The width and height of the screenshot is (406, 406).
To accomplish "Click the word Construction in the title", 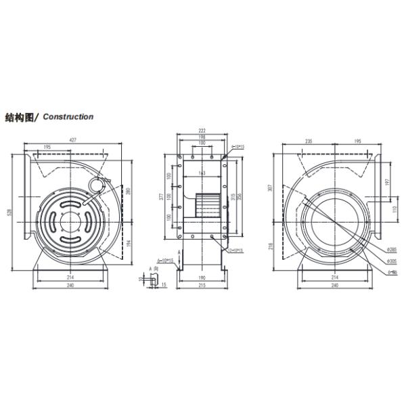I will point(68,116).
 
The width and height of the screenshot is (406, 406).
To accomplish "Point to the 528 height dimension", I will point(10,212).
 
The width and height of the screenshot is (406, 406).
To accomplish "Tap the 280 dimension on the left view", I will point(127,191).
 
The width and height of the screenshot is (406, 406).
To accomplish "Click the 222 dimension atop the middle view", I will point(202,130).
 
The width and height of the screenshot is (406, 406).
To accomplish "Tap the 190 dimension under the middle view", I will point(202,278).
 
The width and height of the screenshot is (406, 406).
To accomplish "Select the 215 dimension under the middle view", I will point(202,286).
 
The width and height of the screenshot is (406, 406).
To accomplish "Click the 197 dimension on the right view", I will point(388,181).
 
